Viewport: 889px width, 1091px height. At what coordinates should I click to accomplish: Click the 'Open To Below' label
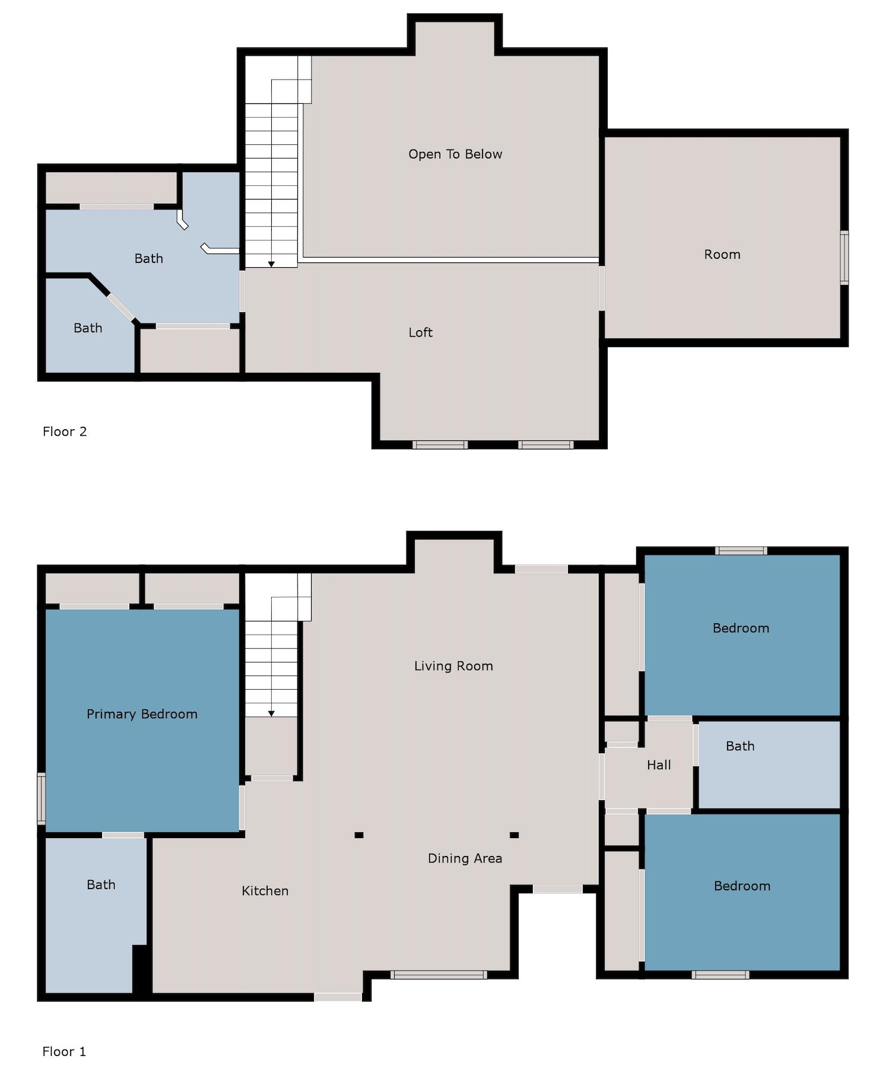pyautogui.click(x=455, y=154)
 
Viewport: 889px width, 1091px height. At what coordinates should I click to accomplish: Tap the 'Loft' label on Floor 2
pyautogui.click(x=420, y=332)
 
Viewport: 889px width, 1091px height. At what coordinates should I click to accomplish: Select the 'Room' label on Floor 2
pyautogui.click(x=722, y=255)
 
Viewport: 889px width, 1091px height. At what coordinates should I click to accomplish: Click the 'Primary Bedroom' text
pyautogui.click(x=142, y=714)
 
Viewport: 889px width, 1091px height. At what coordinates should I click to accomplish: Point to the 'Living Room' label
pyautogui.click(x=453, y=666)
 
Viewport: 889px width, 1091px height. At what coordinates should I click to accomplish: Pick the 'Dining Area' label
pyautogui.click(x=465, y=858)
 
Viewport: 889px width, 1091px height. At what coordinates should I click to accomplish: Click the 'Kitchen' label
pyautogui.click(x=265, y=891)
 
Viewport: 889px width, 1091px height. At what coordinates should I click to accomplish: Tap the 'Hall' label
pyautogui.click(x=659, y=765)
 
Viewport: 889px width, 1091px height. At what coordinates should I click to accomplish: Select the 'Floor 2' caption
pyautogui.click(x=65, y=432)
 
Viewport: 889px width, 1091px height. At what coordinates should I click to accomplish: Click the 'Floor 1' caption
pyautogui.click(x=64, y=1052)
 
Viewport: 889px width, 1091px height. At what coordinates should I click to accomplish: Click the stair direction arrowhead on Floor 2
pyautogui.click(x=271, y=264)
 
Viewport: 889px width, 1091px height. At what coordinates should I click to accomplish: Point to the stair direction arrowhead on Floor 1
pyautogui.click(x=271, y=713)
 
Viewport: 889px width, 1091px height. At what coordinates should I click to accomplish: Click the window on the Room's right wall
pyautogui.click(x=844, y=258)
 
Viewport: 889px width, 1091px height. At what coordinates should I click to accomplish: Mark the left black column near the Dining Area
pyautogui.click(x=358, y=835)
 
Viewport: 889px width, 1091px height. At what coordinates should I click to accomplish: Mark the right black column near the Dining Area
pyautogui.click(x=514, y=835)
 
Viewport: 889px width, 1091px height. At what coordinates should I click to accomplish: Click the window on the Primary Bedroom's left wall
pyautogui.click(x=42, y=798)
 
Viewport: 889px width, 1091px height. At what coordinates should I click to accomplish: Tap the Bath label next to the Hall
pyautogui.click(x=740, y=746)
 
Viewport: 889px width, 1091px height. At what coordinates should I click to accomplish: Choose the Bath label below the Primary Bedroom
pyautogui.click(x=101, y=885)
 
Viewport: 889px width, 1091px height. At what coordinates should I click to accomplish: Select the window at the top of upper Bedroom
pyautogui.click(x=741, y=551)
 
